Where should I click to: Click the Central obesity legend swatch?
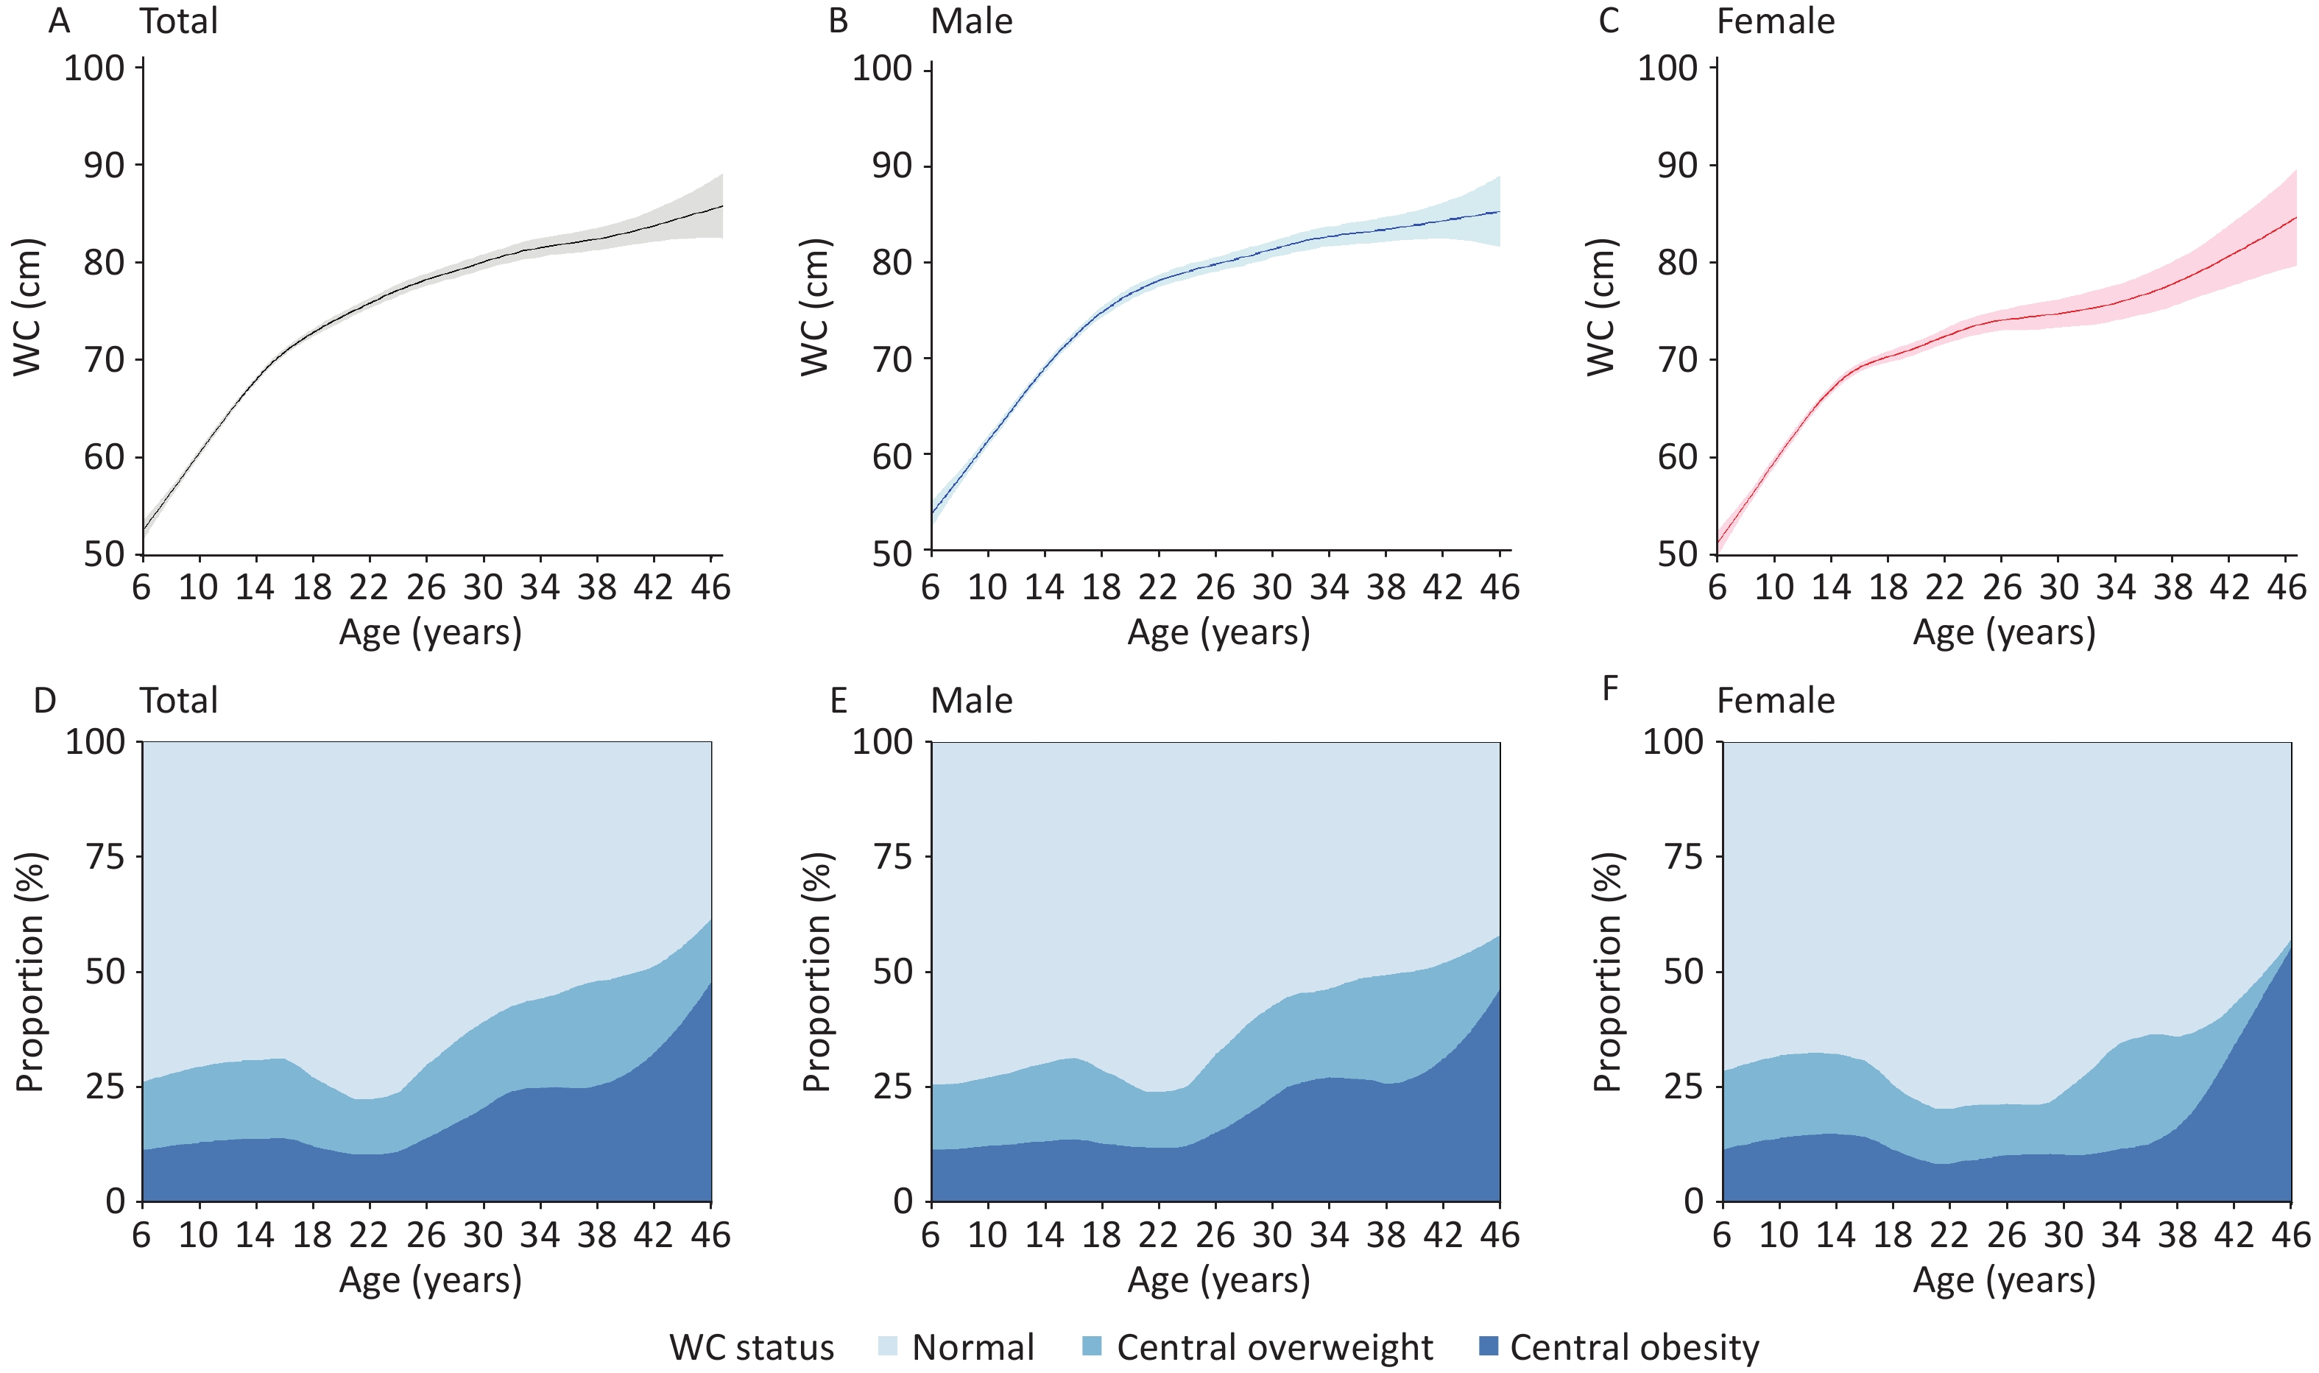pos(1489,1346)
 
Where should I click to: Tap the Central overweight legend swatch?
pos(1093,1346)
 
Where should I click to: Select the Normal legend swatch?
pos(887,1346)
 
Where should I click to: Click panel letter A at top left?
pos(59,21)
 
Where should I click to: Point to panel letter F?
pos(1609,688)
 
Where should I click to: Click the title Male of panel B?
pos(971,21)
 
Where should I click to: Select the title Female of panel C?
pos(1775,21)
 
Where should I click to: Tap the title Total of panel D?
pos(179,700)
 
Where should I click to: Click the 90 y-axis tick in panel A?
pos(104,166)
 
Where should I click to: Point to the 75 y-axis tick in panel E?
pos(894,858)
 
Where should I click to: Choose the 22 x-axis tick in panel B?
pos(1158,587)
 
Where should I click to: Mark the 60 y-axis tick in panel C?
pos(1677,457)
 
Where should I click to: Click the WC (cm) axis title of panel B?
pos(815,308)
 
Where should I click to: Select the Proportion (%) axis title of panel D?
pos(29,972)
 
